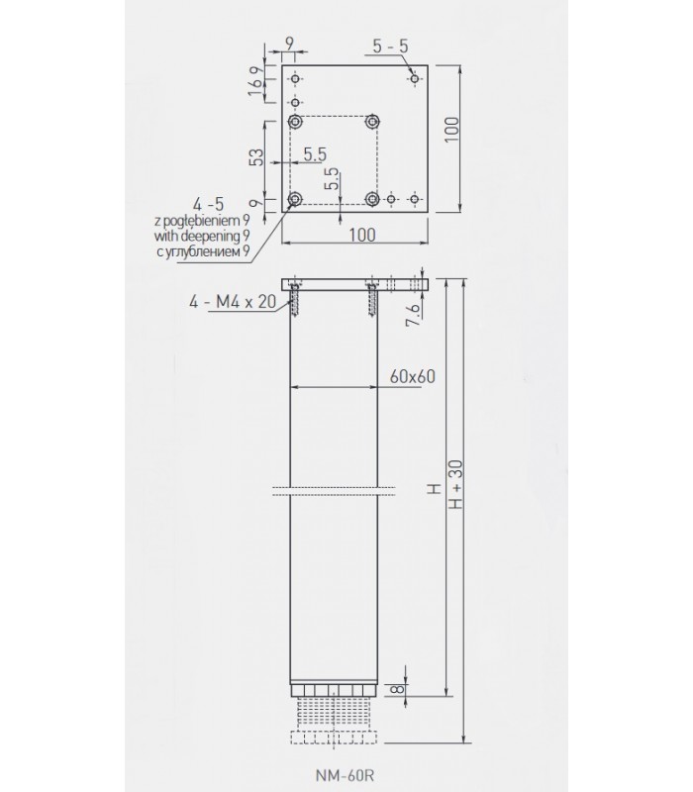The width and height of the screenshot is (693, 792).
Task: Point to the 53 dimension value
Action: pos(256,158)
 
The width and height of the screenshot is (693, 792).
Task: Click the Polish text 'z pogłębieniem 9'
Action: pos(203,220)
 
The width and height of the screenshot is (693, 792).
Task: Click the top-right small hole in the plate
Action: pos(415,77)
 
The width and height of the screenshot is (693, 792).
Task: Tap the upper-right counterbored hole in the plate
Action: pos(372,122)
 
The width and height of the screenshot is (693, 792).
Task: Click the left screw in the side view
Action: pos(296,300)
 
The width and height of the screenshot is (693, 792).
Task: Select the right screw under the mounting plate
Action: pos(372,300)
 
